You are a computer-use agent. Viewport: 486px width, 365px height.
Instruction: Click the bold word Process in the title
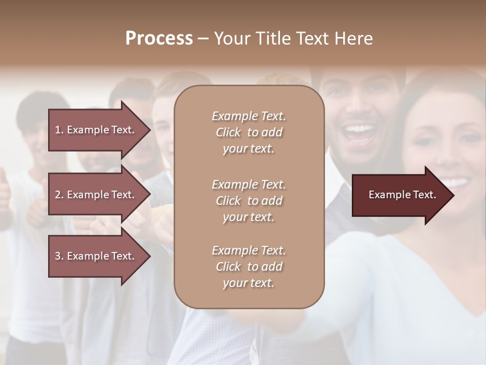pos(159,39)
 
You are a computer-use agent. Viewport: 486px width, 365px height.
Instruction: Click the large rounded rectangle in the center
pos(249,197)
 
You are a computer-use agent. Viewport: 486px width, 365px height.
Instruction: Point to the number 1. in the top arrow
pos(59,130)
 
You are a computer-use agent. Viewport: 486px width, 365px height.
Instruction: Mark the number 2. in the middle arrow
pos(59,195)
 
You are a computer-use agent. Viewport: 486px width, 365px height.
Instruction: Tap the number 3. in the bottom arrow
pos(59,256)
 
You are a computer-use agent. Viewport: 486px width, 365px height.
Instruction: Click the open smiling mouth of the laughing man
pos(359,133)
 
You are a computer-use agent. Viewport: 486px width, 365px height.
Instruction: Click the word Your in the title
pos(231,39)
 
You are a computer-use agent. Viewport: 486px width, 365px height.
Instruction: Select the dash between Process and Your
pos(203,39)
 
